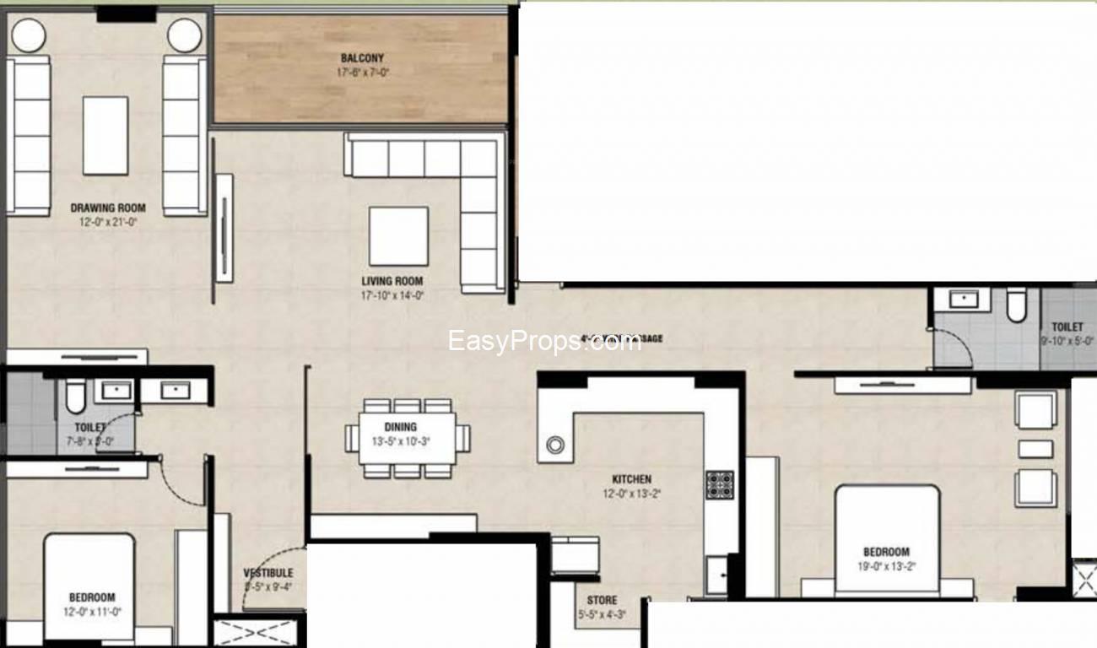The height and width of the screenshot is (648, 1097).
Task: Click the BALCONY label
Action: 362,58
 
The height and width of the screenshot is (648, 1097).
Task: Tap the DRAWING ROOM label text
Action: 108,208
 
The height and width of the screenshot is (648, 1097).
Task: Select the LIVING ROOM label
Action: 392,281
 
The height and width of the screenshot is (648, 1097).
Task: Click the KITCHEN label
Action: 632,479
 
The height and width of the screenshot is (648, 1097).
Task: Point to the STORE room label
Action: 602,600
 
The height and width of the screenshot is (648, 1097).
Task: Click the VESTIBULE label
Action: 268,573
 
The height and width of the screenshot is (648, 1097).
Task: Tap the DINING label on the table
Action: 401,427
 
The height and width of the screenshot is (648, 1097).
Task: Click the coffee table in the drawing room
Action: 105,135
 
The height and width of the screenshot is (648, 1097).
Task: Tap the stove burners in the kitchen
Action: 719,484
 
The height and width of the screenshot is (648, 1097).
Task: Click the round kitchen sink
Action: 555,445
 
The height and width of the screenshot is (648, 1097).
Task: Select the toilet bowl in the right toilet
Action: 1016,305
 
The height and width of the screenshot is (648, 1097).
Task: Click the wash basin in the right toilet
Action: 963,299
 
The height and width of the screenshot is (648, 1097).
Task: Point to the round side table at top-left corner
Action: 28,35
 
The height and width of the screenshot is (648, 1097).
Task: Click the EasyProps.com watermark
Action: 544,342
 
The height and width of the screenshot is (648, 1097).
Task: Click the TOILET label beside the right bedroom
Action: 1067,327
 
